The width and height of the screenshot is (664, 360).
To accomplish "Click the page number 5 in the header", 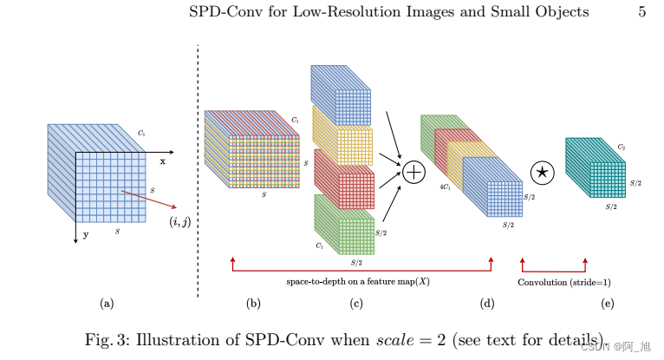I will pos(641,11).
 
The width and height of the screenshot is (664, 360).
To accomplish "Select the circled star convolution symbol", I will pos(543,172).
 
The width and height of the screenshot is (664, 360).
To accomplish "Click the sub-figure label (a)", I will pos(107,303).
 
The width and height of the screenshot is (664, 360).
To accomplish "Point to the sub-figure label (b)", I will pos(253,303).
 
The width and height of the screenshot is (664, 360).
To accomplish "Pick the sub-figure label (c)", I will pos(355,303).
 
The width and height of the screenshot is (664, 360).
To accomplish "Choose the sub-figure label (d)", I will pos(487,303).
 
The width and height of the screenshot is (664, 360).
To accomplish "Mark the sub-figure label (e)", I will pos(607,303).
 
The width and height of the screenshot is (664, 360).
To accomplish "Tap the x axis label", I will pos(162,160).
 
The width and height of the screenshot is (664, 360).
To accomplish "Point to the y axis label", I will pos(85,233).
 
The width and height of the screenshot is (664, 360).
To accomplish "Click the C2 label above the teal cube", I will pos(621,148).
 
